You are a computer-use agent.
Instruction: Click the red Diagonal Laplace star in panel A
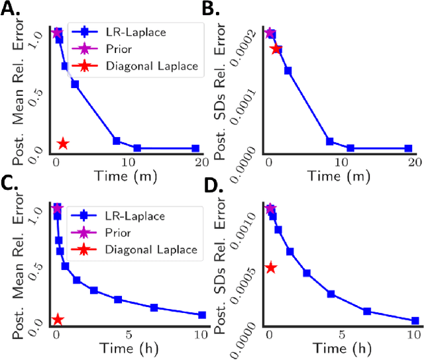pos(63,143)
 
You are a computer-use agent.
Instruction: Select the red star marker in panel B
pos(276,48)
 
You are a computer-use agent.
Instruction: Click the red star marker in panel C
pos(58,320)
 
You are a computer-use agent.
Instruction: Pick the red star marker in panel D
pos(270,267)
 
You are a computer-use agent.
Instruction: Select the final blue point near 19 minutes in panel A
pos(195,148)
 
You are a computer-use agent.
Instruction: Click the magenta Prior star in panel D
pos(270,209)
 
